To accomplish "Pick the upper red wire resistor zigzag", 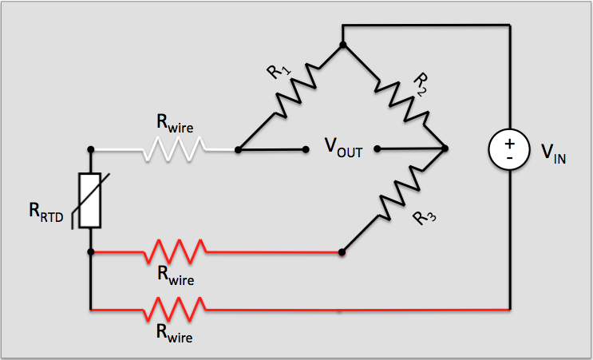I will [176, 252].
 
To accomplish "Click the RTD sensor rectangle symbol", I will [90, 200].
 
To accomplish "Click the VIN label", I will [554, 152].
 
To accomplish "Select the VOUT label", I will [342, 149].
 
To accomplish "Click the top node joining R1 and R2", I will [342, 45].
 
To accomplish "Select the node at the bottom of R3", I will [342, 252].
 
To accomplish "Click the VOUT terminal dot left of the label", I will [307, 149].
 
